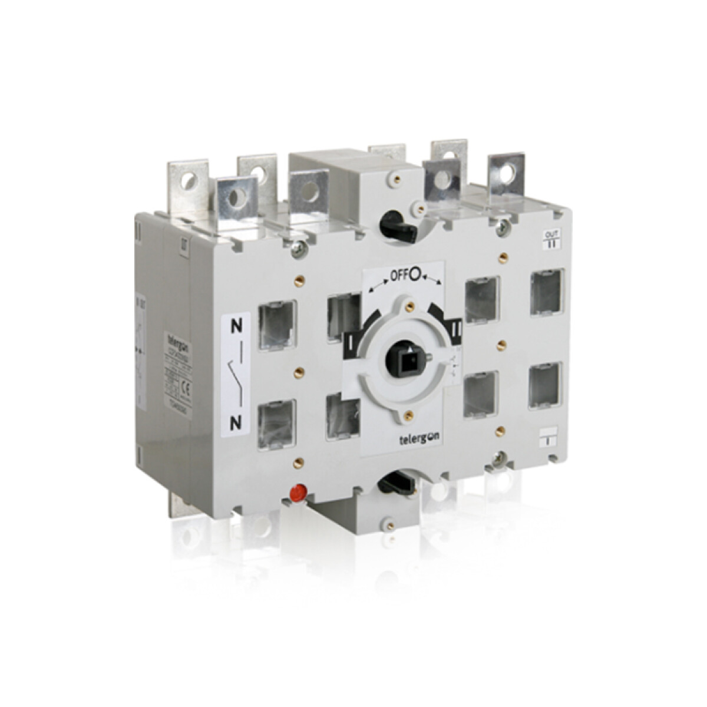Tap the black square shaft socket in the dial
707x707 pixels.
click(407, 356)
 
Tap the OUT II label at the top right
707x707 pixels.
click(550, 239)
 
